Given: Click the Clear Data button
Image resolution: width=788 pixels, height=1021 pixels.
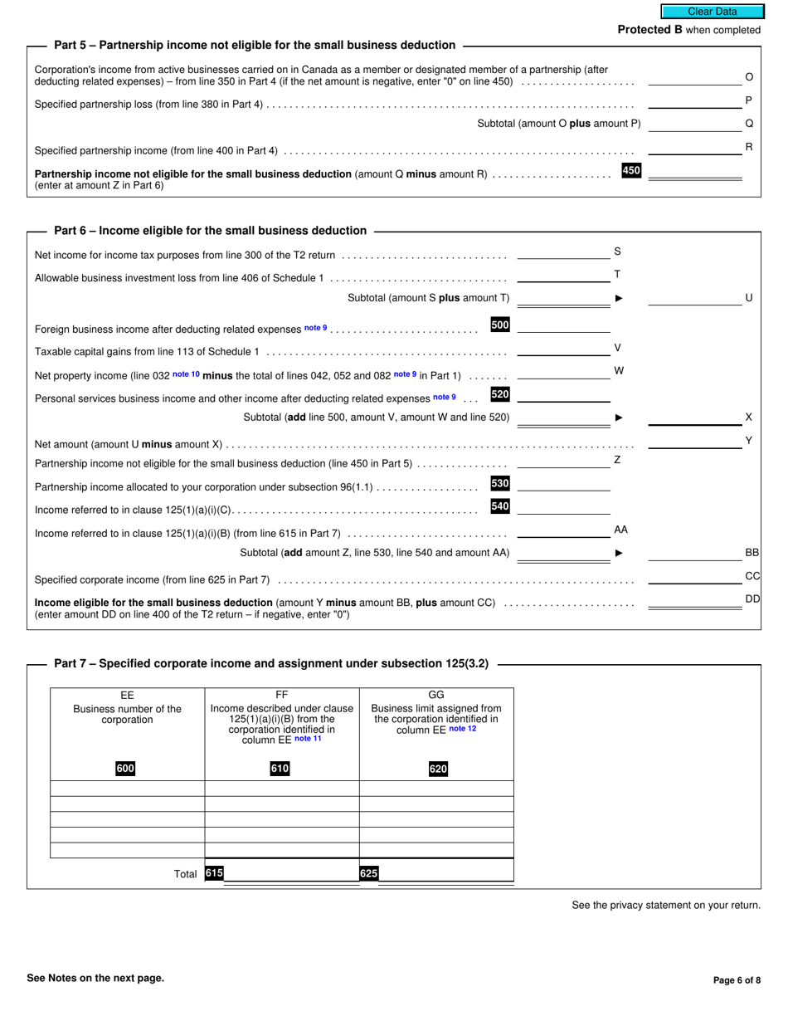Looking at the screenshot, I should coord(711,12).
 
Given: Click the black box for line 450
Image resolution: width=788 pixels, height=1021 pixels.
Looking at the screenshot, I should coord(631,171).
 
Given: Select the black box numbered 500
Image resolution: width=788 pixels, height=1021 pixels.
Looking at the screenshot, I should coord(500,325).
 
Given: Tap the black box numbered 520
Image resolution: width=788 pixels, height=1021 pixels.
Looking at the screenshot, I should coord(500,394).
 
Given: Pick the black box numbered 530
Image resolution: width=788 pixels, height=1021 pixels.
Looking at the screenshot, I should coord(500,483).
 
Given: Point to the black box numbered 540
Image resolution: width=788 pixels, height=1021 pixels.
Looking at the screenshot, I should coord(500,506).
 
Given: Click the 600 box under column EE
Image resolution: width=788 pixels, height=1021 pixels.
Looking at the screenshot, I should coord(125,769).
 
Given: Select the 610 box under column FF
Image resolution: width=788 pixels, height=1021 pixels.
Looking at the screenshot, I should coord(280,769).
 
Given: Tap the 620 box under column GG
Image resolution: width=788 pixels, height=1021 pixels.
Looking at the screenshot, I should coord(438,769).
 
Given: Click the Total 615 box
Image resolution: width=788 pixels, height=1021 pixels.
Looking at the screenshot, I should coord(214,873).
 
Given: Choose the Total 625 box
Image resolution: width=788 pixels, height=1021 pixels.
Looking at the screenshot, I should coord(368,873).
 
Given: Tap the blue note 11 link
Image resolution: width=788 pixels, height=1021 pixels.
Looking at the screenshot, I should coord(308,739).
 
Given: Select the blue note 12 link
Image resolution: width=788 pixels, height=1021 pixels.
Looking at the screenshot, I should coord(463,729).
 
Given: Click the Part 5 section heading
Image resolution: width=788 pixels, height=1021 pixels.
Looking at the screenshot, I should coord(254,45).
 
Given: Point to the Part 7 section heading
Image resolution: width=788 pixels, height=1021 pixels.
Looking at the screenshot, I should coord(270,663).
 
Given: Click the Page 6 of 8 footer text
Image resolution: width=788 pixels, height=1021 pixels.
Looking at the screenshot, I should coord(737,979).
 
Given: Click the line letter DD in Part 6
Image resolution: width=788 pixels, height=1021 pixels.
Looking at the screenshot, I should coord(752,598).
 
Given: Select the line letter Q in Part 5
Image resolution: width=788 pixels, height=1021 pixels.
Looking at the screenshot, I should coord(749,123).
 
